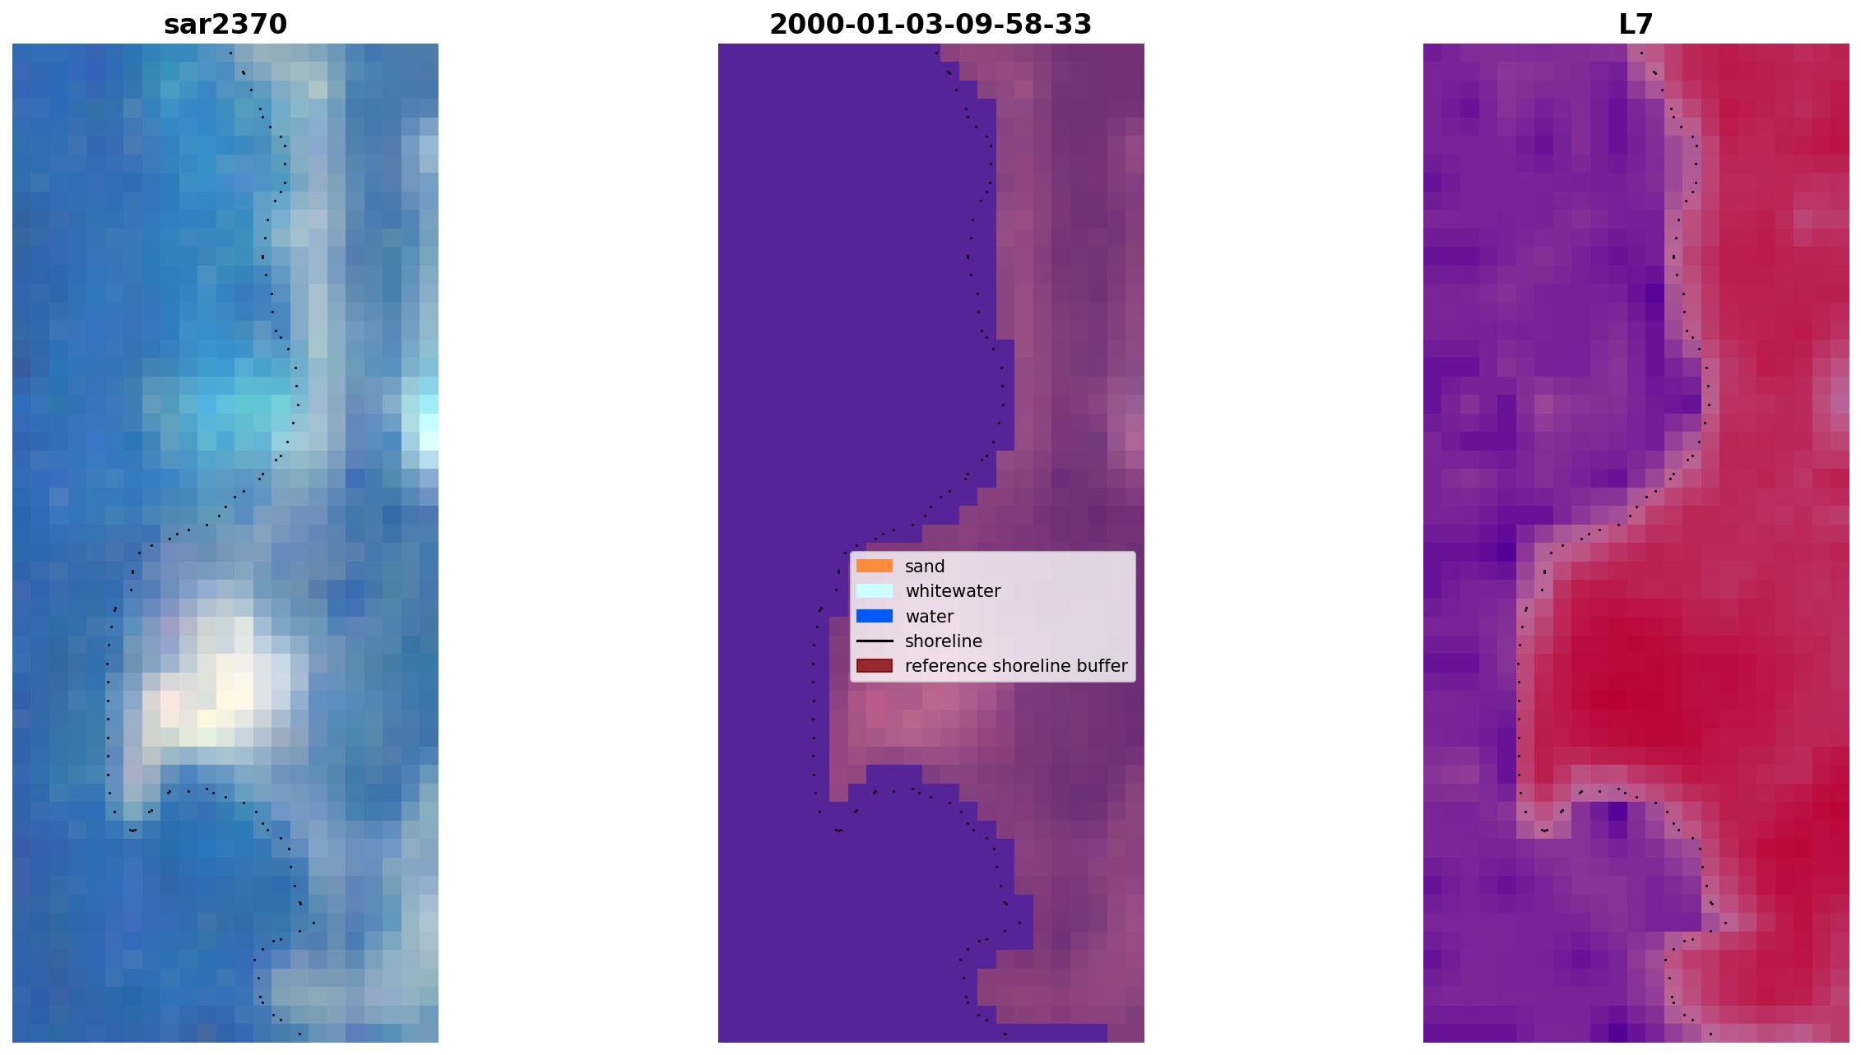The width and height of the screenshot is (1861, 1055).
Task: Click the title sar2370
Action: click(225, 25)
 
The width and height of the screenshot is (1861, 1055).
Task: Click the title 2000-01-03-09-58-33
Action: click(930, 25)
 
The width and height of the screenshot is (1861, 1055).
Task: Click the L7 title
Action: click(1636, 25)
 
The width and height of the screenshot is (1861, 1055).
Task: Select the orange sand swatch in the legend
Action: click(875, 566)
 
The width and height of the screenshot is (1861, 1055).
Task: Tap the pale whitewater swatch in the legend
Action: click(875, 590)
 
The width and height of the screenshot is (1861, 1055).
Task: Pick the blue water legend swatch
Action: click(875, 616)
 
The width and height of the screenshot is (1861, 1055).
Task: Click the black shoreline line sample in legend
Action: click(875, 641)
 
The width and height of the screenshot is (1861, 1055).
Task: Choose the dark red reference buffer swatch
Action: click(875, 665)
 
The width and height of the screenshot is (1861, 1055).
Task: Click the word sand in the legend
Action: click(925, 567)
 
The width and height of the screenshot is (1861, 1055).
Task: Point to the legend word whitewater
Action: click(953, 591)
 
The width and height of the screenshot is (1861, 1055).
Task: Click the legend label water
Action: click(929, 617)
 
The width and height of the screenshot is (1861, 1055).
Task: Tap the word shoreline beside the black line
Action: click(944, 641)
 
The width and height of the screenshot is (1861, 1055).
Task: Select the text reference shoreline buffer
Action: click(1016, 666)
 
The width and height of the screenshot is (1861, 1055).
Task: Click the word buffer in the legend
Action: click(1102, 666)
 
